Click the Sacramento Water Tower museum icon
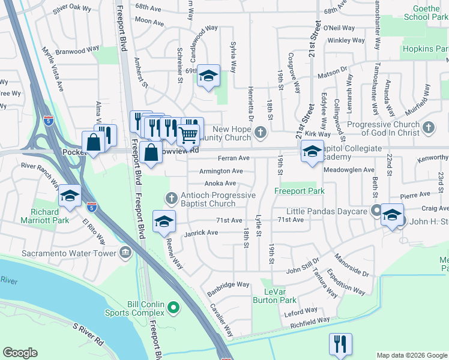tap(125, 252)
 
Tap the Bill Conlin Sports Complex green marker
tap(173, 308)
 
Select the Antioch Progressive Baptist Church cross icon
tap(170, 197)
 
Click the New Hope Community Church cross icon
tap(259, 131)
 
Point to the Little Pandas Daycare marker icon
tap(376, 211)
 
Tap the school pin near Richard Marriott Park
tap(70, 196)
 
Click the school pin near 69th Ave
tap(209, 76)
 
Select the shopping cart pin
tap(188, 136)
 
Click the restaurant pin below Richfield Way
tap(340, 344)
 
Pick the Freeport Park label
tap(300, 191)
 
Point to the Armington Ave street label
tap(221, 171)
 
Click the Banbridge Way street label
tap(228, 284)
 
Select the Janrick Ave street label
tap(201, 232)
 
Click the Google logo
tap(20, 353)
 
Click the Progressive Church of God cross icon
tap(428, 127)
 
